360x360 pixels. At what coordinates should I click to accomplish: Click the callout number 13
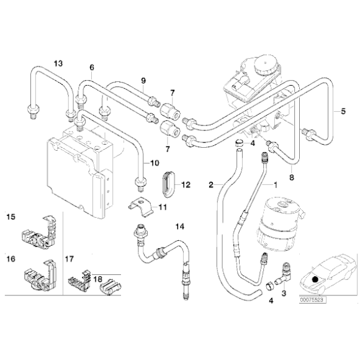coord(58,63)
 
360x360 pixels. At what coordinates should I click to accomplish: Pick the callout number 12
coord(186,184)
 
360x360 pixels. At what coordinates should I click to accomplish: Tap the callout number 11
coord(163,206)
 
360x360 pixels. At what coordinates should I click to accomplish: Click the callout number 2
coord(212,184)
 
